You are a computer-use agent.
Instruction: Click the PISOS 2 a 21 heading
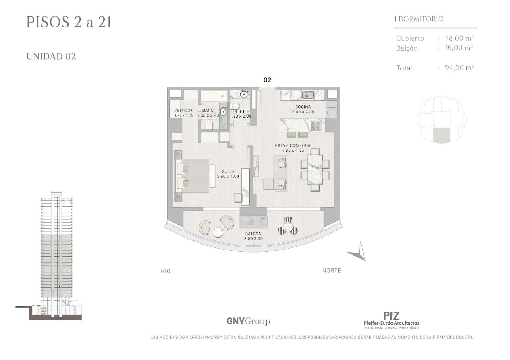point(69,22)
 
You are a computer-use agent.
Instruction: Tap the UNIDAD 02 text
point(51,56)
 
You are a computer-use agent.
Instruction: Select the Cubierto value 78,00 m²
point(459,38)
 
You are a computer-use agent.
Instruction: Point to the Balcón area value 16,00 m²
point(459,48)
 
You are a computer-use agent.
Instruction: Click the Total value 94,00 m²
point(459,67)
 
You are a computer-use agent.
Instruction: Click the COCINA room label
point(303,107)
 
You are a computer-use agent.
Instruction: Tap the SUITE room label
point(228,172)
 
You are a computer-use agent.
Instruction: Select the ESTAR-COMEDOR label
point(293,146)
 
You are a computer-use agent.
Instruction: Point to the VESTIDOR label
point(184,110)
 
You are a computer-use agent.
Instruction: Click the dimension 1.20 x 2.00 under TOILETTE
point(241,116)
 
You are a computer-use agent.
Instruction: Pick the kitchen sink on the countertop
point(308,95)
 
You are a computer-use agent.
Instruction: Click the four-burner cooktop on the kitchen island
point(318,125)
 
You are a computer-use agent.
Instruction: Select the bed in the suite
point(192,176)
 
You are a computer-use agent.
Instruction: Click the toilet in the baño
point(209,124)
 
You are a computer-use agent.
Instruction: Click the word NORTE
point(332,271)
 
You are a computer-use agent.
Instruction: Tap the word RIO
point(166,271)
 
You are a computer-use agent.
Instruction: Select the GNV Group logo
point(248,321)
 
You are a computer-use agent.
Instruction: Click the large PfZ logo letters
point(391,316)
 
